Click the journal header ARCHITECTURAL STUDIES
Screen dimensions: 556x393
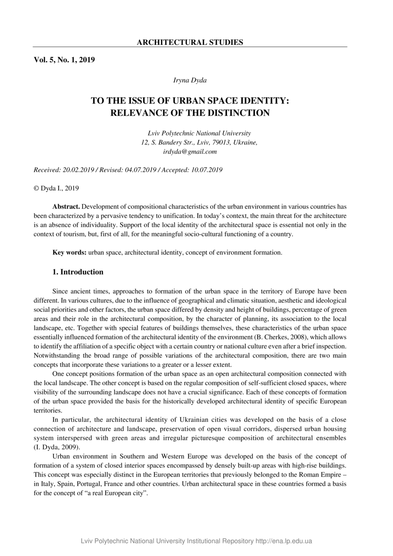pyautogui.click(x=190, y=43)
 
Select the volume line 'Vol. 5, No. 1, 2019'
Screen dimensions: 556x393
pyautogui.click(x=64, y=60)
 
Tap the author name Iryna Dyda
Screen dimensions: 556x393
pyautogui.click(x=190, y=80)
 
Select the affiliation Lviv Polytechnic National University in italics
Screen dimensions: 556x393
pyautogui.click(x=199, y=133)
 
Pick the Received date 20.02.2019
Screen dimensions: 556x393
pyautogui.click(x=78, y=170)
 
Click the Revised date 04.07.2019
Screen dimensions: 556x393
pyautogui.click(x=140, y=170)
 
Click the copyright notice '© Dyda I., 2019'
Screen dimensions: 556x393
pyautogui.click(x=56, y=188)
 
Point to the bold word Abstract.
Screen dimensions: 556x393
pyautogui.click(x=66, y=207)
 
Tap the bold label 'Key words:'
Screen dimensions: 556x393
pyautogui.click(x=69, y=252)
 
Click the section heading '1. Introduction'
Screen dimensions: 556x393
pyautogui.click(x=78, y=272)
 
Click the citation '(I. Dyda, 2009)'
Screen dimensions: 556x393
pyautogui.click(x=57, y=447)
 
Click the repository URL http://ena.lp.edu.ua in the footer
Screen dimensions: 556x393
pyautogui.click(x=284, y=541)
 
